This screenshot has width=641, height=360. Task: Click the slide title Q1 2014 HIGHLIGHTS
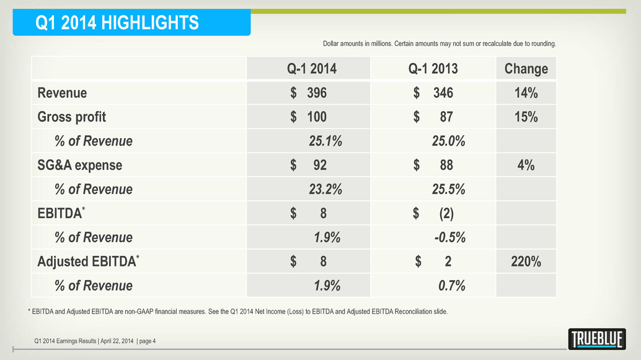tap(117, 24)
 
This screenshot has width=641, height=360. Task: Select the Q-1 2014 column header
tap(307, 68)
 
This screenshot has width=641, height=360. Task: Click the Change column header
tap(526, 68)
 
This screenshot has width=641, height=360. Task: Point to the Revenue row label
tap(62, 93)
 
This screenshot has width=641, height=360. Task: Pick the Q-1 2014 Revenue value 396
tap(316, 93)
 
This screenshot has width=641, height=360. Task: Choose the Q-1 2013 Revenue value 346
tap(443, 93)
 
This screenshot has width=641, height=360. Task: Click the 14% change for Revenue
tap(526, 93)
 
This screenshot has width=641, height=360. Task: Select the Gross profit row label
tap(71, 116)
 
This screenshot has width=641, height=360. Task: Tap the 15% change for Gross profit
tap(526, 116)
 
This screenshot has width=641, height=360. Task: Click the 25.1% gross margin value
tap(325, 141)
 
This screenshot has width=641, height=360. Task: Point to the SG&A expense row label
tap(79, 165)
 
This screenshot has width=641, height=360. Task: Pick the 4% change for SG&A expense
tap(526, 165)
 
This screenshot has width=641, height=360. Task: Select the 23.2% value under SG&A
tap(325, 190)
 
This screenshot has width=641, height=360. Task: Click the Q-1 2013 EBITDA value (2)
tap(446, 214)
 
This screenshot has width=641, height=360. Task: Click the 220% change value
tap(526, 262)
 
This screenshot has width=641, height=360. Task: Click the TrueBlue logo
tap(596, 339)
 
